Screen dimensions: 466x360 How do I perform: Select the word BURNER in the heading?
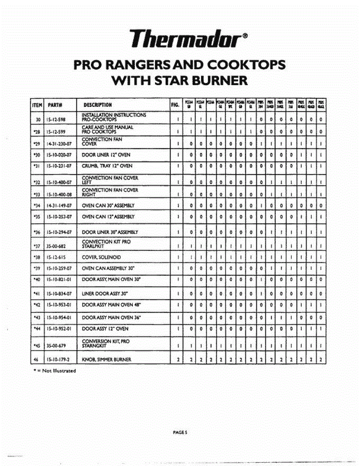click(219, 80)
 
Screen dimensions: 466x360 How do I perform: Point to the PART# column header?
click(56, 104)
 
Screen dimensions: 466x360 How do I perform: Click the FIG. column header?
click(176, 104)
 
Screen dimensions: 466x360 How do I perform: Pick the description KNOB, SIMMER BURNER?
click(106, 360)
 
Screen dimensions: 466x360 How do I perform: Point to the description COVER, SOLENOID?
click(101, 257)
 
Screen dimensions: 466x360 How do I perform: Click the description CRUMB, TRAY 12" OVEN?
click(107, 166)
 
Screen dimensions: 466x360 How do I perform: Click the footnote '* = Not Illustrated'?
click(54, 370)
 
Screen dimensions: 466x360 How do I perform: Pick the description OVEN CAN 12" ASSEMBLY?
click(108, 217)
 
